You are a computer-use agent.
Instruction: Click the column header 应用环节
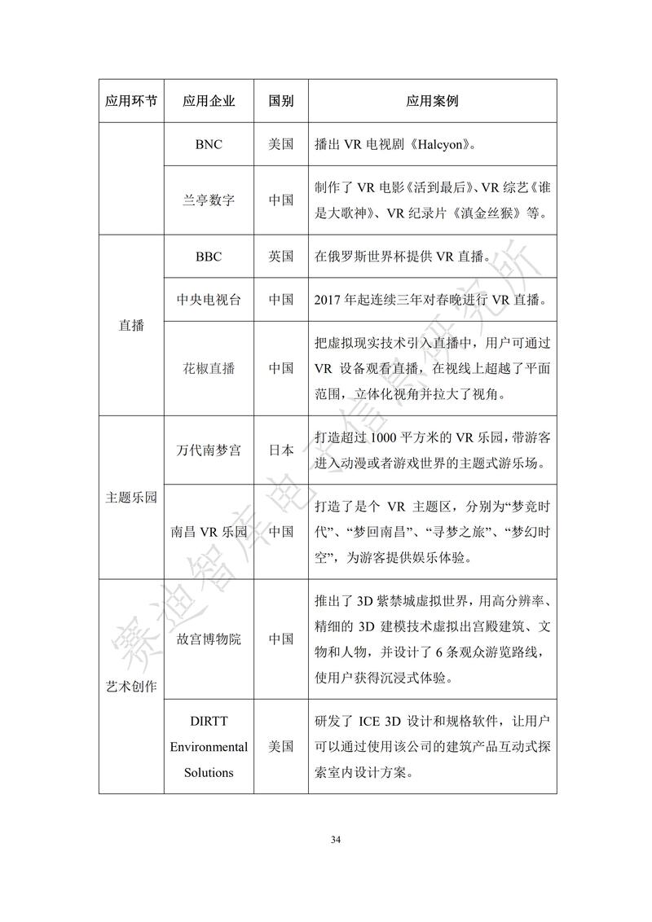tap(131, 101)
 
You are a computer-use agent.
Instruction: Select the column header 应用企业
tap(209, 101)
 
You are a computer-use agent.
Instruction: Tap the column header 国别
tap(281, 101)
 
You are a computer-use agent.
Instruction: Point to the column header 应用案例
tap(432, 101)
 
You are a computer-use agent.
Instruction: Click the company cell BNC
tap(209, 144)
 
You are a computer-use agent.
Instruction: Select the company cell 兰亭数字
tap(209, 200)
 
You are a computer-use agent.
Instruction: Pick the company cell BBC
tap(209, 257)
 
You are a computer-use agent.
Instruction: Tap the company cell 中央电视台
tap(209, 299)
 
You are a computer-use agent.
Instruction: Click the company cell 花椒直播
tap(209, 368)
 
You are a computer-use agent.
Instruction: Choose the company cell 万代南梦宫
tap(209, 450)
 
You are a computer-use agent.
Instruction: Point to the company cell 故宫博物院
tap(209, 639)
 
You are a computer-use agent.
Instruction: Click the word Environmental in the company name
tap(209, 746)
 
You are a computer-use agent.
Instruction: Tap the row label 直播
tap(131, 326)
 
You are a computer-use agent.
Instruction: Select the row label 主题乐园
tap(131, 498)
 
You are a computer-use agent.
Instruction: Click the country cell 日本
tap(281, 450)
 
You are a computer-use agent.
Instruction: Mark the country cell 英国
tap(281, 257)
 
